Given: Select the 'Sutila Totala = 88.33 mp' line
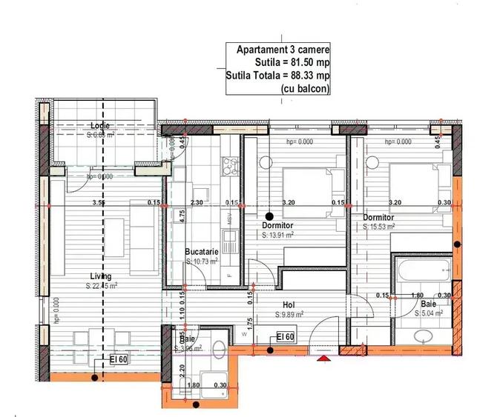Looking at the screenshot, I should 278,76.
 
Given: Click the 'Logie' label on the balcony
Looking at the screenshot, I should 99,125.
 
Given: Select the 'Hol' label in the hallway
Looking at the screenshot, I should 289,304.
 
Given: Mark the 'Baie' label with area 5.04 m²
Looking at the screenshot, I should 429,304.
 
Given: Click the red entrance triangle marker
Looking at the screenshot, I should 323,359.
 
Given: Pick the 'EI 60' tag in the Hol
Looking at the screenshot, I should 286,337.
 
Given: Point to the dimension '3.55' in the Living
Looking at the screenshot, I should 97,201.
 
